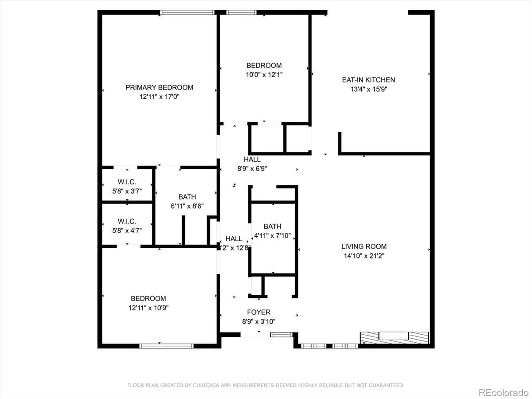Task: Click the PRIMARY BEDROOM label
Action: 159,87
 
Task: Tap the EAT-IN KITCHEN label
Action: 368,80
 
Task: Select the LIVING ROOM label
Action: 364,246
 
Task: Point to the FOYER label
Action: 259,312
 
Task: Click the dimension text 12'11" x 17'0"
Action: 159,96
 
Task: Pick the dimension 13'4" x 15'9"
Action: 368,89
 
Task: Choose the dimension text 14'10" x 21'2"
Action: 364,256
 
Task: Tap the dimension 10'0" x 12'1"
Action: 264,75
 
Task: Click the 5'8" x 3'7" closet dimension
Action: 127,192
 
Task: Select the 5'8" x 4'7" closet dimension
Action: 127,231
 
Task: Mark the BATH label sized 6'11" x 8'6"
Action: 187,197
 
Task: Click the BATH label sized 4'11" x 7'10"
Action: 272,227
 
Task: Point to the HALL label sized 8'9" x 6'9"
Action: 252,160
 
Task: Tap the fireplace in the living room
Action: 394,337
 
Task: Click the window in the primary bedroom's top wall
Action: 188,13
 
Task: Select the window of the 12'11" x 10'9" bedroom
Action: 166,346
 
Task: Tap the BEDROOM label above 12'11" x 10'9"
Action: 148,298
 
